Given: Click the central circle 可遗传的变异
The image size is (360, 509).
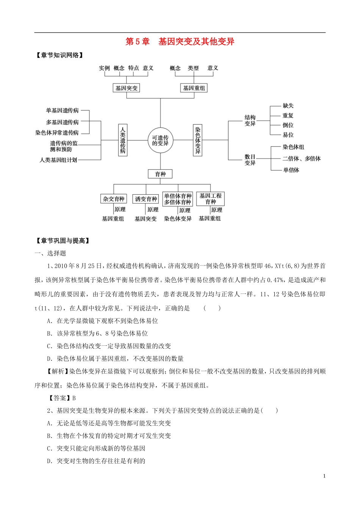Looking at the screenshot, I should coord(160,141).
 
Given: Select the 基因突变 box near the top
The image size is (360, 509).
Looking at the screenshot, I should coord(127,88).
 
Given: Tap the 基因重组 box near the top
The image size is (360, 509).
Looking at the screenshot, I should coord(194,88).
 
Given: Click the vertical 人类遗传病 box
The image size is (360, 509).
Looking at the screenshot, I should coord(122,140).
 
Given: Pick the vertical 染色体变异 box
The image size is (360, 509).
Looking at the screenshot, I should coord(197,140).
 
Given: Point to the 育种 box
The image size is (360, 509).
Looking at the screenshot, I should coord(160,174).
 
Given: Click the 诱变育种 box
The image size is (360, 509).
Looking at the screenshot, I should coord(146,199).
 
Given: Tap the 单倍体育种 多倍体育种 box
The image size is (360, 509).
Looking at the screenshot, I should coord(178,199).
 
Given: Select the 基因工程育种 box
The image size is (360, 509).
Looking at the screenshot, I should coord(210,199).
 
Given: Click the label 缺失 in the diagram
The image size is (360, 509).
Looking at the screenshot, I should coord(288,106).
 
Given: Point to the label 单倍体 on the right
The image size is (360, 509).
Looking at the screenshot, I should coord(291,170).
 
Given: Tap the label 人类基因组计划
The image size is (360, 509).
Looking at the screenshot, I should coord(58,160).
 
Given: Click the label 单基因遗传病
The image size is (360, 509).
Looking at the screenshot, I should coord(62,111).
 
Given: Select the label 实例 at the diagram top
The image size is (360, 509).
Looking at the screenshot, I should coord(104,68).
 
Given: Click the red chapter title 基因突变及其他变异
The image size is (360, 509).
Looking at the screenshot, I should coord(196,42).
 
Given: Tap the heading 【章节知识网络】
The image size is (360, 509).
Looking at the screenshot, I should coord(59,55).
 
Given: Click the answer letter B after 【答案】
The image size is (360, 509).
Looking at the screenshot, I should coord(74,398).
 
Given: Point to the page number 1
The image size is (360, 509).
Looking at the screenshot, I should coord(324,476).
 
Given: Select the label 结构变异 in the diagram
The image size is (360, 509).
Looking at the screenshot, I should coord(250,121).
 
